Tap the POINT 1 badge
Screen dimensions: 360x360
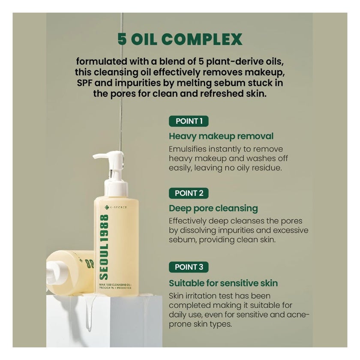(x=189, y=121)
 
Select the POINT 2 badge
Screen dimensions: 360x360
(x=189, y=193)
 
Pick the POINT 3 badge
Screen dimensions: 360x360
(x=189, y=267)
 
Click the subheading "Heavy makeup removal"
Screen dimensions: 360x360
(x=221, y=137)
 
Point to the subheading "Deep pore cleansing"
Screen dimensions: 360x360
(x=213, y=209)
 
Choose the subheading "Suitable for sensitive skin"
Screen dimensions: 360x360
(x=223, y=283)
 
